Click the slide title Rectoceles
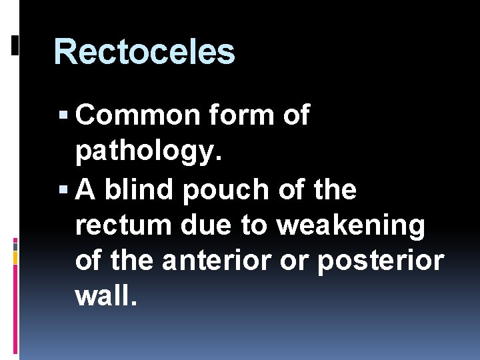coord(144,52)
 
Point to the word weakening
coord(351,226)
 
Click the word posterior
coord(380,261)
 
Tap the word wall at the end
coord(107,297)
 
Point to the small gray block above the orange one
coord(15,244)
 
